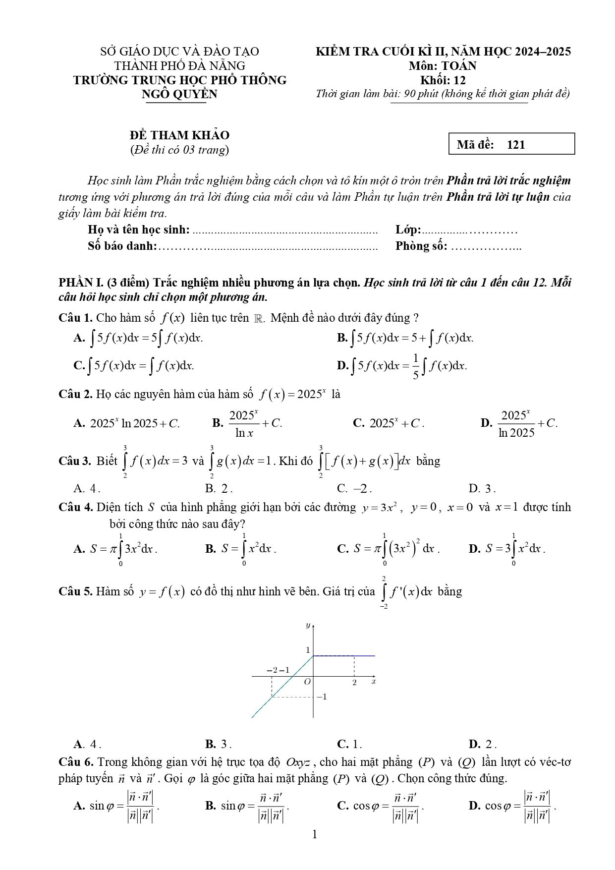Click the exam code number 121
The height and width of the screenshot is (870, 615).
[x=516, y=145]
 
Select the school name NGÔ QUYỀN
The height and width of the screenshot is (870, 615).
[x=179, y=94]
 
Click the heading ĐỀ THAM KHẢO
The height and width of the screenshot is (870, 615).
[x=180, y=135]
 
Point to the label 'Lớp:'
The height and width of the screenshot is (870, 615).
[x=408, y=230]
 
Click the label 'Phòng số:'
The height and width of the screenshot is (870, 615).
[x=421, y=246]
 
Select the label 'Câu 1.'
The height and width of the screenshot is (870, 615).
[x=75, y=318]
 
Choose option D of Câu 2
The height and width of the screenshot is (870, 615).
[x=519, y=423]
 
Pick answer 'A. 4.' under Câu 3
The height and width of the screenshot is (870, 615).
[x=87, y=488]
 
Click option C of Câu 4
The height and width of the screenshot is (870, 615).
[x=388, y=549]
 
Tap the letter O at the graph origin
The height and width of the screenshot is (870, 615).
[x=307, y=682]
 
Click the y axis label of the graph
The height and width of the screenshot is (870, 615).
[x=308, y=625]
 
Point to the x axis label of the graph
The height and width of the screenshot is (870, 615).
[x=374, y=682]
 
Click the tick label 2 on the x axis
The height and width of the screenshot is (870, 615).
[x=354, y=683]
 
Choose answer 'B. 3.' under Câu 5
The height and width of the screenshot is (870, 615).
[x=219, y=744]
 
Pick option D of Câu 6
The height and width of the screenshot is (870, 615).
[x=513, y=806]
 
